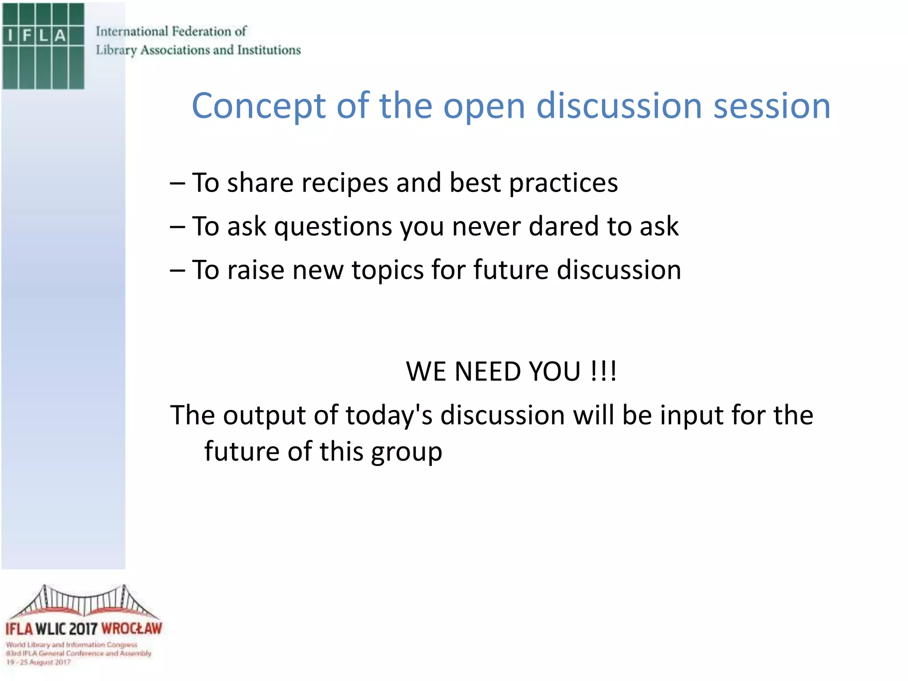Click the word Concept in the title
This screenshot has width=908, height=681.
coord(258,106)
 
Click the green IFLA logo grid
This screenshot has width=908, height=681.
coord(43,46)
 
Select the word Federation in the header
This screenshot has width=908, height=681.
coord(202,31)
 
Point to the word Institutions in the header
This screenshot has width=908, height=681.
coord(269,50)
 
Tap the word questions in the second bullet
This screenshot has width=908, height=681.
coord(333,227)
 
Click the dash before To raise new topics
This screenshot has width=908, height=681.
coord(177,271)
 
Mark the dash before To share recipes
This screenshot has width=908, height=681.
coord(177,183)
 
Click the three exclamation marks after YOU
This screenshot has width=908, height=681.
coord(603,371)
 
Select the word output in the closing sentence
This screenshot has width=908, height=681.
coord(264,416)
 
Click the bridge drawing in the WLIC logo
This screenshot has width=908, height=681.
coord(84,602)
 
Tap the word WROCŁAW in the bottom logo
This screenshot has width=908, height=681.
coord(132,629)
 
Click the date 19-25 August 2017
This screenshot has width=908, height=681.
coord(39,662)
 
